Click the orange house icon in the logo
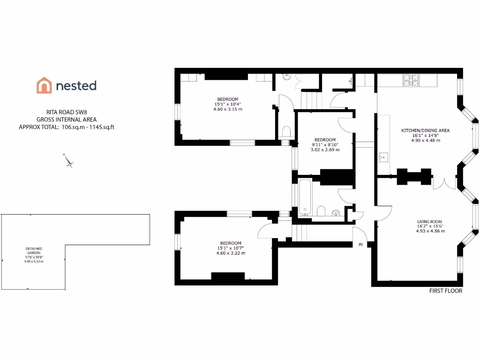pyautogui.click(x=44, y=85)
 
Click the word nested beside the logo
pyautogui.click(x=76, y=85)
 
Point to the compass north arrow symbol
pyautogui.click(x=69, y=161)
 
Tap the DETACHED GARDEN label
pyautogui.click(x=34, y=251)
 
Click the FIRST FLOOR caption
pyautogui.click(x=446, y=291)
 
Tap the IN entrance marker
pyautogui.click(x=361, y=244)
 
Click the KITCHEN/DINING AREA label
pyautogui.click(x=425, y=130)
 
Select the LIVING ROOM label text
pyautogui.click(x=429, y=222)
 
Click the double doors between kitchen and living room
pyautogui.click(x=443, y=183)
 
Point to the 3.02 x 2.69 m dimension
pyautogui.click(x=325, y=150)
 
